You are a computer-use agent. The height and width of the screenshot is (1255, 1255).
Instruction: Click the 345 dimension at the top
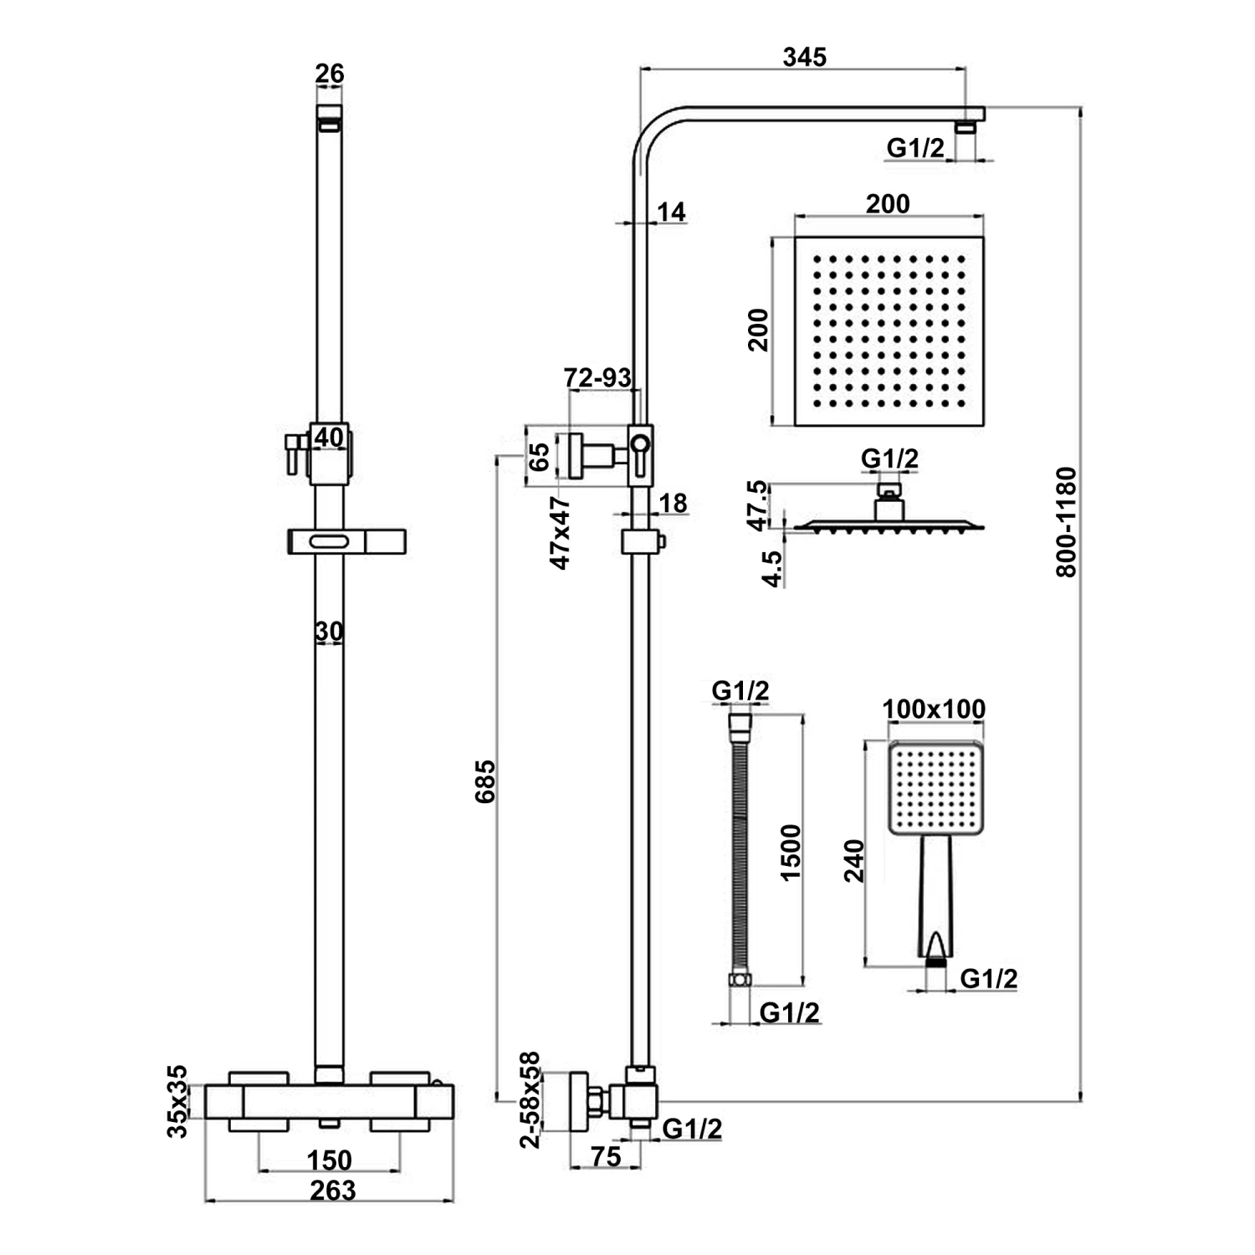click(x=804, y=56)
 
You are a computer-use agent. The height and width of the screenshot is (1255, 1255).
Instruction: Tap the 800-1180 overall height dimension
click(x=1067, y=522)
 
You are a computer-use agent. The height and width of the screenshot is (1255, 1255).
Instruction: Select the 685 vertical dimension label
click(x=485, y=781)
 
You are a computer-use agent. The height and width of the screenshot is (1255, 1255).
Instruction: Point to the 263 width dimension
click(x=332, y=1189)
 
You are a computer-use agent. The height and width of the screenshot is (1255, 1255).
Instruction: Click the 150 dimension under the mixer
click(x=329, y=1160)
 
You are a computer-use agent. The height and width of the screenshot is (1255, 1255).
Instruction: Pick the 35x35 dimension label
click(x=177, y=1101)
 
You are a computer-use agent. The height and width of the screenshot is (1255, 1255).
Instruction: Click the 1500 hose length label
click(x=790, y=852)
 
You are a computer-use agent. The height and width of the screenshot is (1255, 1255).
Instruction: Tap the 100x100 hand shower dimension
click(x=934, y=709)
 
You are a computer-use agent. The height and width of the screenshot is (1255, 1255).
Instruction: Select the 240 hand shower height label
click(x=854, y=861)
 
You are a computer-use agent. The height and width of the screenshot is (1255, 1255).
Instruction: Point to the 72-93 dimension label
click(x=597, y=377)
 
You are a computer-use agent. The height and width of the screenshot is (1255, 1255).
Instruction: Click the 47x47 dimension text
click(x=560, y=533)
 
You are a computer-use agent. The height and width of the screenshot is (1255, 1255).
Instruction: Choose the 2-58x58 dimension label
click(x=530, y=1100)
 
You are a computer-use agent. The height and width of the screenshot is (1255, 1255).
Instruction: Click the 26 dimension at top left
click(x=329, y=74)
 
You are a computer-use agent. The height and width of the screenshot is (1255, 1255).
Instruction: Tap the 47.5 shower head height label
click(x=756, y=505)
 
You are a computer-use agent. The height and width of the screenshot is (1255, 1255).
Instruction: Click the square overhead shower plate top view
click(x=888, y=331)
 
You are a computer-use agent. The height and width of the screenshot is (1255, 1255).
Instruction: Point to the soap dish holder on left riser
click(x=346, y=541)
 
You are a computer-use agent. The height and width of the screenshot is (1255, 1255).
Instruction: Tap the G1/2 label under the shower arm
click(x=915, y=148)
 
